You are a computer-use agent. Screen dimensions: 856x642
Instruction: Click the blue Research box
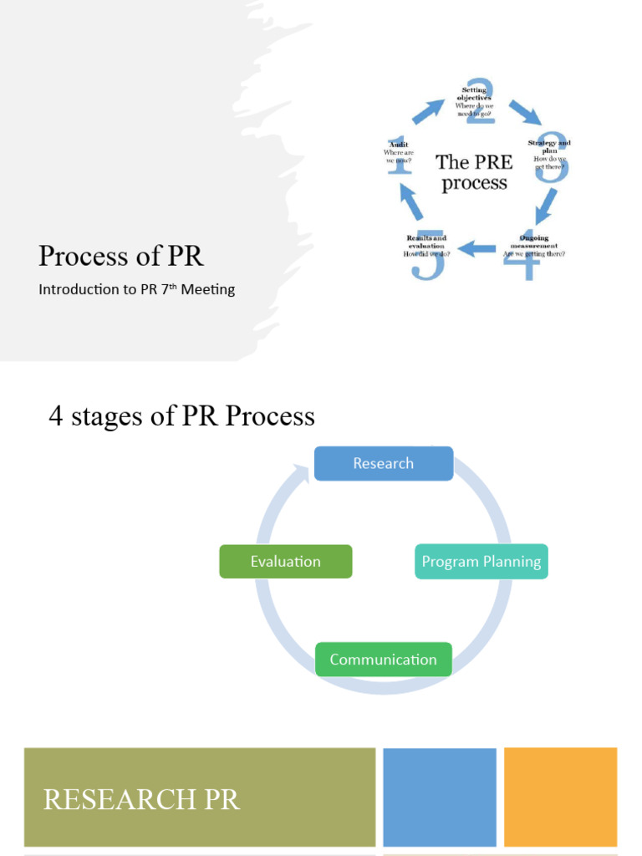(383, 463)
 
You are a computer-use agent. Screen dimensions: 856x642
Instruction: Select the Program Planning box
(481, 562)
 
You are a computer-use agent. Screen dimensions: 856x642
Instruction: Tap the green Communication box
(383, 660)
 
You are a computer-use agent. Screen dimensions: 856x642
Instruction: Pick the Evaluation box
(286, 562)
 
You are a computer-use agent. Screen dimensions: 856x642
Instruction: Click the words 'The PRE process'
(474, 172)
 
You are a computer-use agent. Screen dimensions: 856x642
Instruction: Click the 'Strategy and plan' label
(549, 146)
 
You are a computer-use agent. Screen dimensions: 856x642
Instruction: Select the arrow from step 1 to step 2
(428, 111)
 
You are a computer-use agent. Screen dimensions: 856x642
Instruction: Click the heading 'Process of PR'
(121, 257)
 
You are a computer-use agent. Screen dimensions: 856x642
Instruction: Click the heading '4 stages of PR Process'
(181, 416)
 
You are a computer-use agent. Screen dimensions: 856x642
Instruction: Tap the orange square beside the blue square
(560, 797)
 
